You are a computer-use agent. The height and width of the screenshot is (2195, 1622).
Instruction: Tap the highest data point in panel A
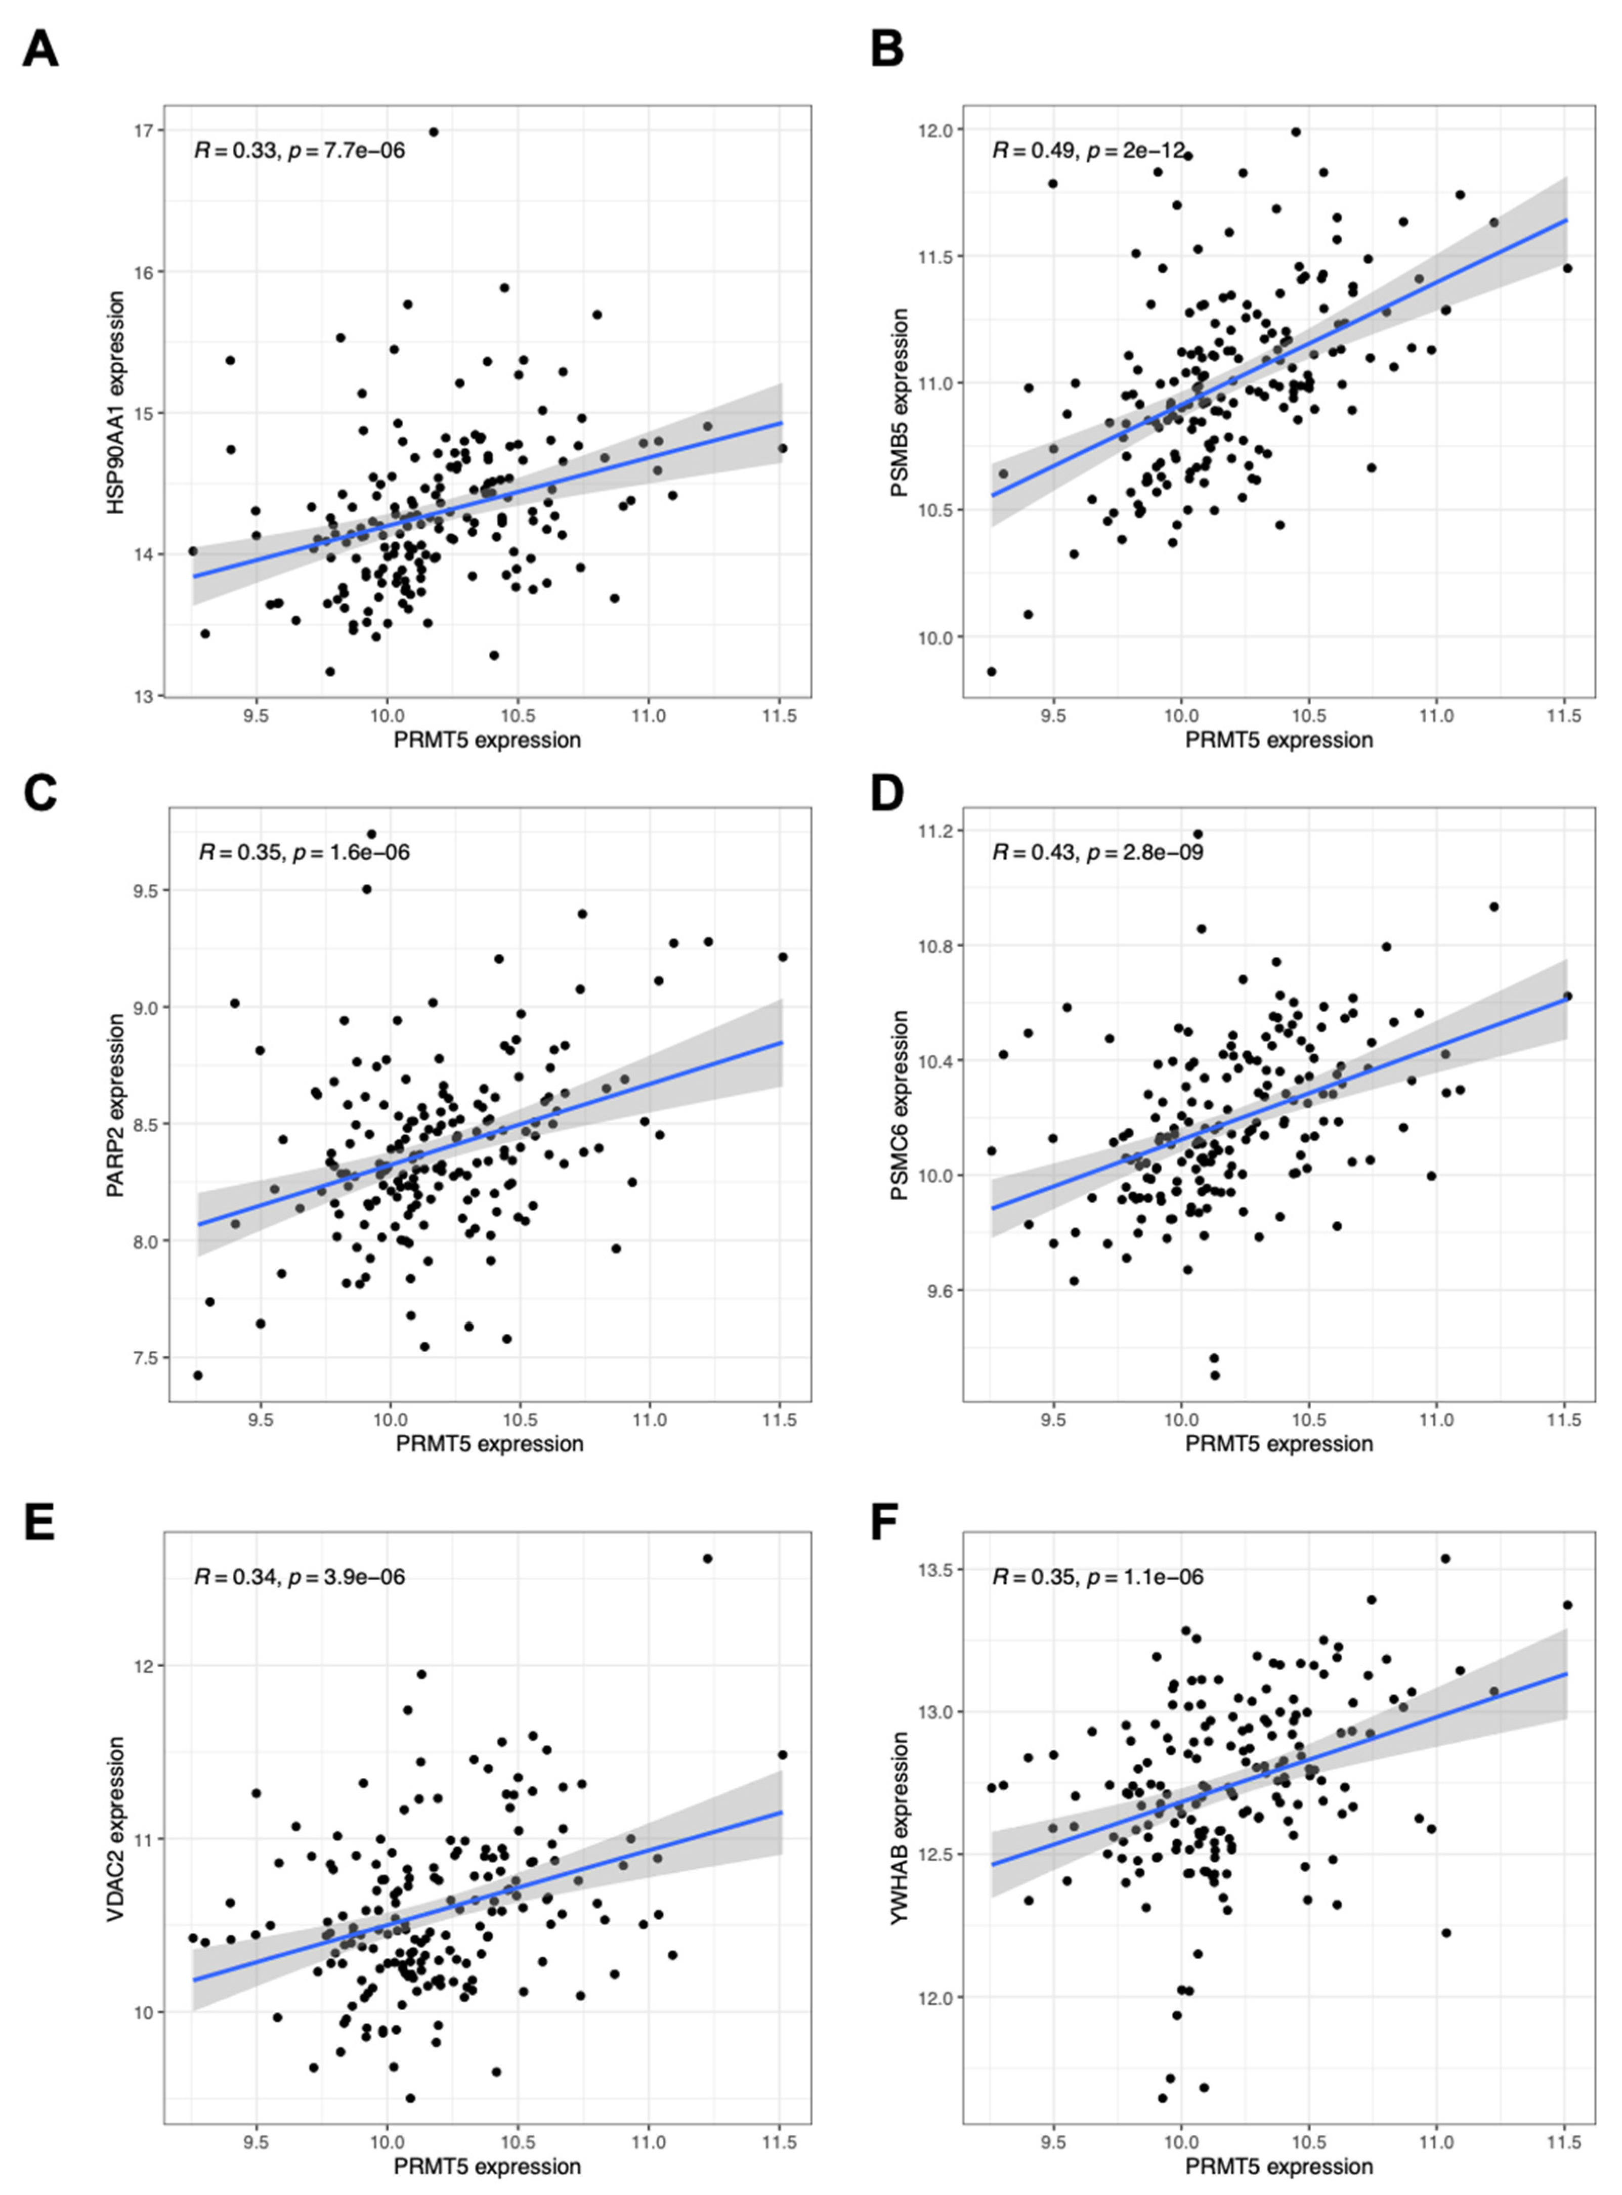[433, 132]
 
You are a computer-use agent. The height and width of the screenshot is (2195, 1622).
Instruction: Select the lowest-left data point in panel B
[992, 671]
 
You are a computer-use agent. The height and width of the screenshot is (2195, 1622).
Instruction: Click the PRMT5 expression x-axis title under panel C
[490, 1443]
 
